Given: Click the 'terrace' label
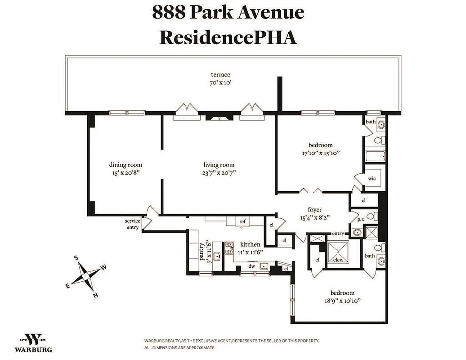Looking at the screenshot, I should (220, 75).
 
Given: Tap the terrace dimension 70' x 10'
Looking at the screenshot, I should (220, 83).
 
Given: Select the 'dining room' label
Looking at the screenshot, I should (125, 165).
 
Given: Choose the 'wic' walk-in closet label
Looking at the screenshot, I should (372, 178).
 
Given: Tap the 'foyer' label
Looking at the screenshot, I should (315, 209).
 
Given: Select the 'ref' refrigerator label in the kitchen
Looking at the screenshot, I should (242, 221).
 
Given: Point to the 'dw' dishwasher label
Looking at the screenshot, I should (252, 266).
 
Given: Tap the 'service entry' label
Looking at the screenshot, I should (133, 224).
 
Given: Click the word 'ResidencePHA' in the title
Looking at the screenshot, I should (228, 37).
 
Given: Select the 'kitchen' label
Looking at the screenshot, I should (250, 244).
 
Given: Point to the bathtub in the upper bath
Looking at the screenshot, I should (375, 157).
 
